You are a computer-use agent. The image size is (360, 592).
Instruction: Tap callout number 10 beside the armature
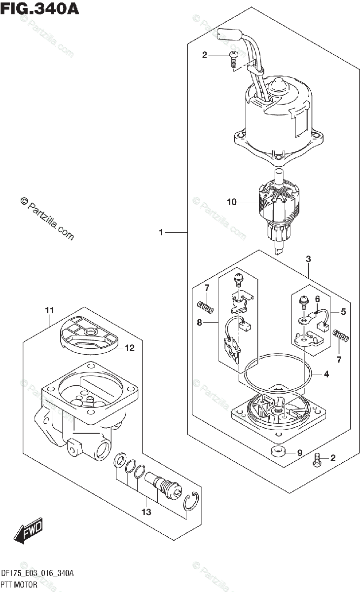232,202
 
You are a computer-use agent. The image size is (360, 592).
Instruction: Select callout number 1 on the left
161,232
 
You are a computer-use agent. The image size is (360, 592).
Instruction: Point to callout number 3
308,259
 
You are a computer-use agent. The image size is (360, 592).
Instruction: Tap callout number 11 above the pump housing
49,310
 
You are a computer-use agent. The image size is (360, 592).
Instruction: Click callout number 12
129,348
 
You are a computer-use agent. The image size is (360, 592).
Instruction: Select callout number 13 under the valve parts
146,513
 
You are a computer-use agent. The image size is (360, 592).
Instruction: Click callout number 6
317,298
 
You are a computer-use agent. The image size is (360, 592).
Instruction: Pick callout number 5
343,312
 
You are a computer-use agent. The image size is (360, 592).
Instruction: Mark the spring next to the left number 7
206,307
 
